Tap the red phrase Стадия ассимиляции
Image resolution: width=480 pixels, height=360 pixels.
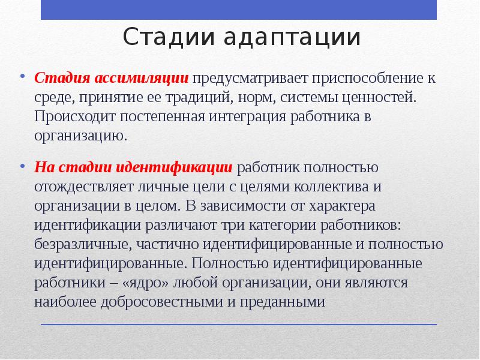pyautogui.click(x=112, y=79)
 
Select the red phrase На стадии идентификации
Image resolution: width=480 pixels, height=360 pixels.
pyautogui.click(x=133, y=166)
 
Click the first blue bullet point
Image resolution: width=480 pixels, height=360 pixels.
pyautogui.click(x=22, y=77)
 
